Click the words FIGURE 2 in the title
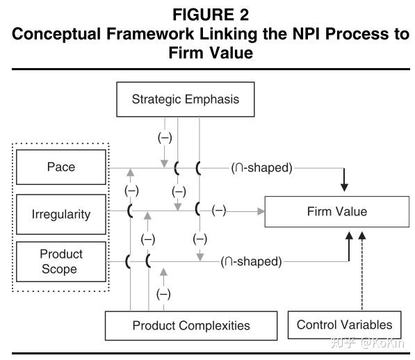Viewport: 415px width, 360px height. click(x=211, y=15)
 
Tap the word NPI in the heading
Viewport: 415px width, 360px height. click(x=307, y=34)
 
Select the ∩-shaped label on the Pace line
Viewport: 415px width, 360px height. click(x=261, y=167)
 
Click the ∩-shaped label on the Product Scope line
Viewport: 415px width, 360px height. click(x=251, y=261)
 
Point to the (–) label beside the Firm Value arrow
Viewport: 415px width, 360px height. click(x=219, y=211)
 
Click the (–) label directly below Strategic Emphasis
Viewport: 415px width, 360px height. click(x=165, y=138)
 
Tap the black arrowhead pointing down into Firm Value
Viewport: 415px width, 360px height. click(x=344, y=188)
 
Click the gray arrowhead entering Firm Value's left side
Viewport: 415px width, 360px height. click(x=261, y=211)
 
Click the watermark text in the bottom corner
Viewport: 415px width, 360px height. click(x=367, y=343)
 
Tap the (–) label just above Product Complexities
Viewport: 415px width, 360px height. click(x=163, y=294)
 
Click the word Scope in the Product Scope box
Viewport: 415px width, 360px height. click(x=59, y=269)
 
